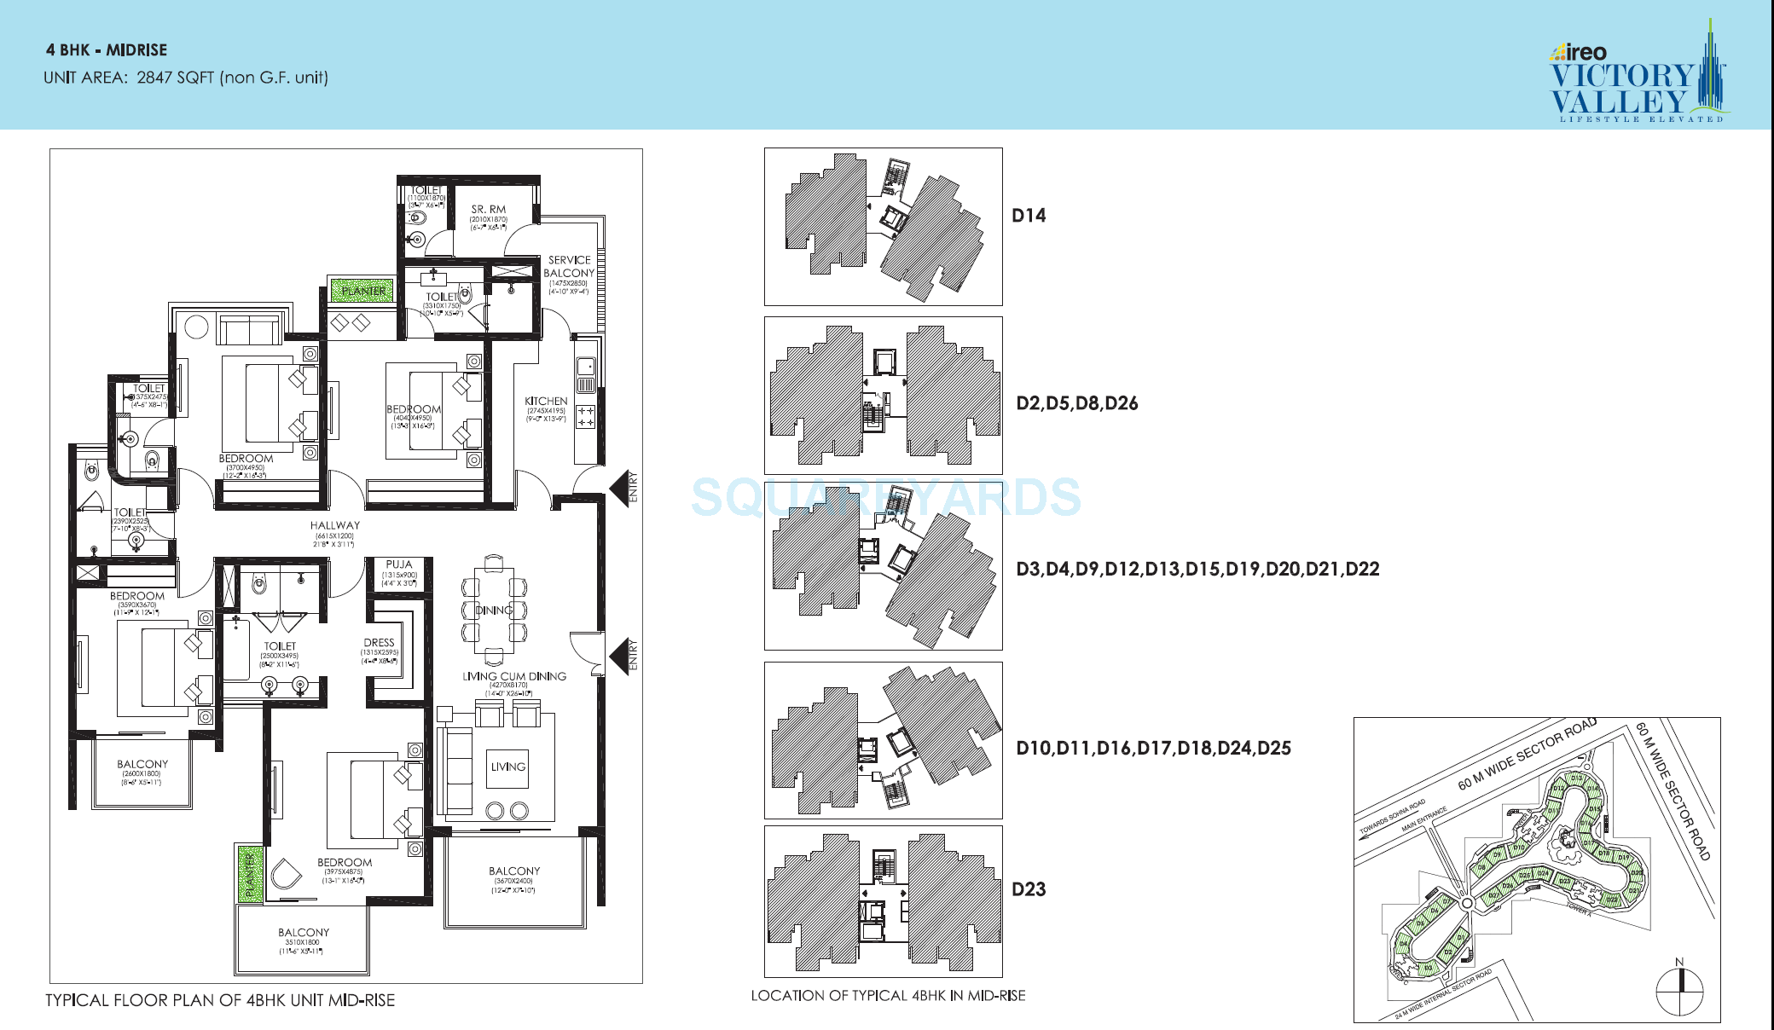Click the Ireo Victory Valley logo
[1636, 77]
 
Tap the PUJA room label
[398, 564]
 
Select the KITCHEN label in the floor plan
[546, 401]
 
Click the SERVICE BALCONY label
[569, 266]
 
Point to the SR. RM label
[488, 209]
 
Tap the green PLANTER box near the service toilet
[362, 291]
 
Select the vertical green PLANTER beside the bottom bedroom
[250, 874]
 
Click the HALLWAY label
[334, 525]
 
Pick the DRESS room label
[379, 642]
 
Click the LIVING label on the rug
[507, 767]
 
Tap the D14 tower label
[1029, 216]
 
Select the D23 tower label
[1029, 889]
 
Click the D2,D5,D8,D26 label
[1076, 403]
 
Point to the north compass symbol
[1678, 989]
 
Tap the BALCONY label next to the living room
[514, 871]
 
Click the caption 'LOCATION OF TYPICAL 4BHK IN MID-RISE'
[888, 996]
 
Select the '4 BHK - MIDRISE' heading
[107, 50]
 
